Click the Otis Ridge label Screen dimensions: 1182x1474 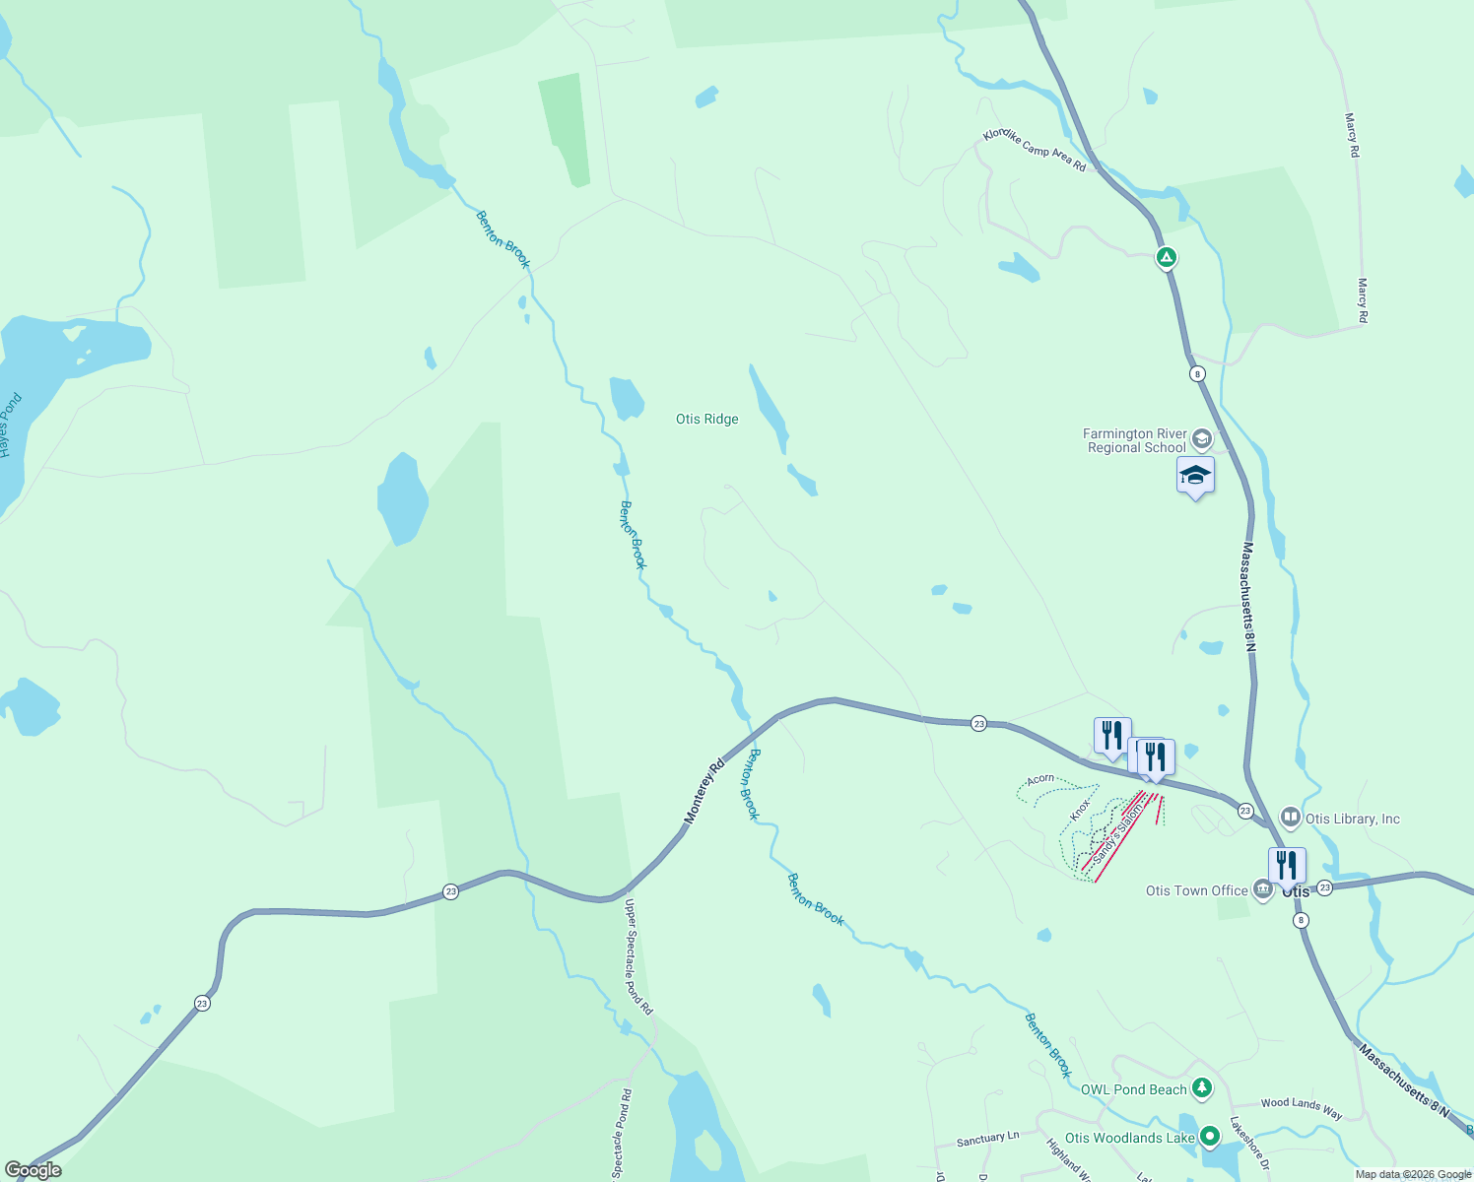[x=706, y=420]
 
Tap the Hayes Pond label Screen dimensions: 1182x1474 [x=10, y=426]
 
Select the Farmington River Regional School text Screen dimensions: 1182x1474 [x=1136, y=440]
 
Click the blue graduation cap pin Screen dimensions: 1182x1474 [x=1195, y=476]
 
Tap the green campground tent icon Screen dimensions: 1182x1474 [x=1166, y=258]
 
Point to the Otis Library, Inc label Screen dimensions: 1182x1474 [x=1352, y=819]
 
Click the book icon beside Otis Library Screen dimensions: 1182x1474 [x=1290, y=818]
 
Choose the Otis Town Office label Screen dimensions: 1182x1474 [x=1196, y=890]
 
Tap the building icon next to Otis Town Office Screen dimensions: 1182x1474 [x=1262, y=889]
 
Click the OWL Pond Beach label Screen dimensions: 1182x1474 [x=1133, y=1089]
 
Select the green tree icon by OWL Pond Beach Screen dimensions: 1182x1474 [x=1201, y=1088]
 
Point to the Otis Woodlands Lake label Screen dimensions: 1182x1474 [x=1129, y=1138]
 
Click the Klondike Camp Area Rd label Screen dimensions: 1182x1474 [x=1034, y=151]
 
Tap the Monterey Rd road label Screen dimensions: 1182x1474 [x=704, y=790]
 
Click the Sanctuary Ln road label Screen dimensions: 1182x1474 [x=987, y=1139]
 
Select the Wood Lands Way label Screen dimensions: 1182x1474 [x=1301, y=1108]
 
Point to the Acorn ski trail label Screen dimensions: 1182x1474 [x=1040, y=779]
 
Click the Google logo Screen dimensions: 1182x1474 [x=33, y=1169]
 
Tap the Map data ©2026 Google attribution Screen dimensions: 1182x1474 [x=1413, y=1174]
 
